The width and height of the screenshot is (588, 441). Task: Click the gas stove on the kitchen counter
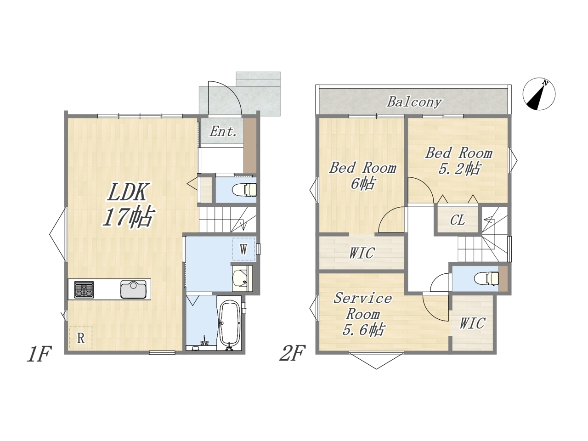click(x=84, y=289)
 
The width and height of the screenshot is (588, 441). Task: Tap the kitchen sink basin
click(x=133, y=289)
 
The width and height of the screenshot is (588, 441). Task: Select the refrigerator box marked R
click(x=81, y=338)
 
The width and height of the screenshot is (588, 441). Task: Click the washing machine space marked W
click(x=243, y=249)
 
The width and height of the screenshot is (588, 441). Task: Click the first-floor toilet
click(x=244, y=190)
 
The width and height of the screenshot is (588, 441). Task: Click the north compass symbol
click(x=539, y=94)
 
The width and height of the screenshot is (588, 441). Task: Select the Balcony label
click(x=414, y=102)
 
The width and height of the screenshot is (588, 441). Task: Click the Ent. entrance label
click(x=223, y=132)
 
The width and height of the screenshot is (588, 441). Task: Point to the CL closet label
click(x=457, y=220)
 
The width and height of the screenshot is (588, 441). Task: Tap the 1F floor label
click(x=39, y=354)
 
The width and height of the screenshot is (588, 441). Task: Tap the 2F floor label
click(x=293, y=353)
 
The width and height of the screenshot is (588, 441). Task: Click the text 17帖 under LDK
click(x=128, y=217)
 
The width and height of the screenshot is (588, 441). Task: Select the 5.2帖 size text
click(x=459, y=169)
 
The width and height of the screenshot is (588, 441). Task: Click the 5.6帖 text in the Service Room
click(x=363, y=330)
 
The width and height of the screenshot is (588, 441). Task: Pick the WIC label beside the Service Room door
click(x=472, y=323)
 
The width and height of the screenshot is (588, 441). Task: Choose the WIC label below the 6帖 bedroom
click(x=362, y=253)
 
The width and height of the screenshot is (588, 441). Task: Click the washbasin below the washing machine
click(x=242, y=278)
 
